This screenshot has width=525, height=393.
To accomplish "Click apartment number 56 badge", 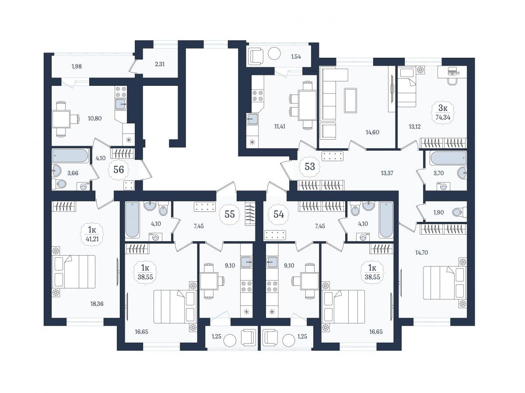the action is [119, 170].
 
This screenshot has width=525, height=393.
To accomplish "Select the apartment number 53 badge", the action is [309, 166].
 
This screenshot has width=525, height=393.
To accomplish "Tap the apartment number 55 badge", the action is [230, 214].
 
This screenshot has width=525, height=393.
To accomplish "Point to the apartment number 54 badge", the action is [279, 214].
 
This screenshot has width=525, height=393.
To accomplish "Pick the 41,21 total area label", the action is [92, 239].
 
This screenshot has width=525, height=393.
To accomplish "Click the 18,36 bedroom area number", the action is [97, 304].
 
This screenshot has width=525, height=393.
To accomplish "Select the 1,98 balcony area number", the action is [77, 67].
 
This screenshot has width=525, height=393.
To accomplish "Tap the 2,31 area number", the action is [160, 64].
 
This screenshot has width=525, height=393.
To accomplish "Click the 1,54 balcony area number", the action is [296, 57].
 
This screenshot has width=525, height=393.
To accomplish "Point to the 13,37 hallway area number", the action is [387, 173].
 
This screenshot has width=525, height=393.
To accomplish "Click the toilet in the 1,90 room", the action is [459, 212].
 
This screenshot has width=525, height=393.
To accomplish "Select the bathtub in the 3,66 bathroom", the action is [70, 156].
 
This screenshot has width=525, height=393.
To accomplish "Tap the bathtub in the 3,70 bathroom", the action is [448, 158].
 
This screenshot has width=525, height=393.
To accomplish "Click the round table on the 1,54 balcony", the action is [274, 54].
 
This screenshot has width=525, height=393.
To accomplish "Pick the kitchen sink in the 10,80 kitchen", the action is [121, 104].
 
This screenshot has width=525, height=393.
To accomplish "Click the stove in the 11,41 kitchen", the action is [258, 95].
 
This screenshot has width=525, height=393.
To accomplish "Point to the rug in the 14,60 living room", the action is [350, 100].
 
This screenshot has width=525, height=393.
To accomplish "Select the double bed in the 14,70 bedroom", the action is [444, 283].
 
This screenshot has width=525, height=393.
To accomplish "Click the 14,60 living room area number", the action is [372, 132].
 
